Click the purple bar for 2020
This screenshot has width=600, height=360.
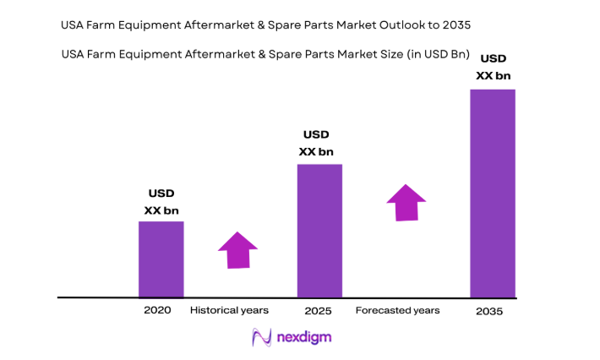pyautogui.click(x=161, y=259)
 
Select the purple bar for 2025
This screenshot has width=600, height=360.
pyautogui.click(x=319, y=230)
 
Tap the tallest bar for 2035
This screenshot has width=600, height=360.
pyautogui.click(x=492, y=193)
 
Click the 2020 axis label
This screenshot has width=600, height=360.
pyautogui.click(x=157, y=310)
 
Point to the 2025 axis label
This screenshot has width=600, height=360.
pyautogui.click(x=318, y=310)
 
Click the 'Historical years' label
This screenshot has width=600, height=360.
pyautogui.click(x=229, y=310)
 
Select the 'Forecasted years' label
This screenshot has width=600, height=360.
pyautogui.click(x=397, y=310)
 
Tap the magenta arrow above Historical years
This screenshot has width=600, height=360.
pyautogui.click(x=237, y=250)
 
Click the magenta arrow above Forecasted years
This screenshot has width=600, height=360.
pyautogui.click(x=406, y=203)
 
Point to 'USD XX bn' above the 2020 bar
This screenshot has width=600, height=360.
pyautogui.click(x=161, y=202)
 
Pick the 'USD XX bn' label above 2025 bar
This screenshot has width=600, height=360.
pyautogui.click(x=316, y=143)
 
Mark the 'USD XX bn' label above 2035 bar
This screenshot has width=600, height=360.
pyautogui.click(x=494, y=67)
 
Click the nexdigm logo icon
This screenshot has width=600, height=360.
pyautogui.click(x=261, y=337)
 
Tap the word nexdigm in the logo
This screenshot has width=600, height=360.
pyautogui.click(x=304, y=337)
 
